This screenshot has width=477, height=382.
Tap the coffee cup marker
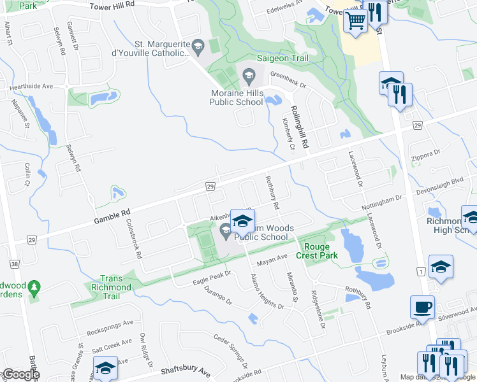point(422,307)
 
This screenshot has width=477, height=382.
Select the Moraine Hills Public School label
point(237,97)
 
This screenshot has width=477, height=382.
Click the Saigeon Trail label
point(282,59)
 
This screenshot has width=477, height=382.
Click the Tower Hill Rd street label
point(112,4)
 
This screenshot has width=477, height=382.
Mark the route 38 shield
point(15,263)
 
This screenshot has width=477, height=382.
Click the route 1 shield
point(420,272)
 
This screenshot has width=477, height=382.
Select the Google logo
point(20,374)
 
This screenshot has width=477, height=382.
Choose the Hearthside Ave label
point(30,86)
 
